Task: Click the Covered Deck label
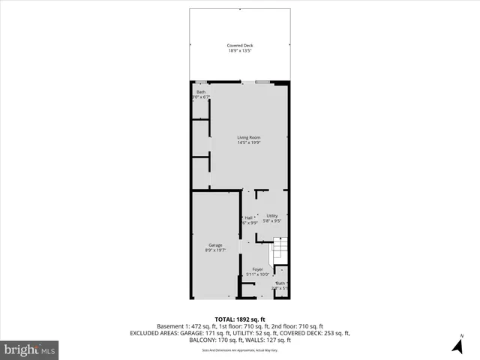[x=240, y=46]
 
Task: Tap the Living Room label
[x=248, y=137]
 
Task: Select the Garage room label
[x=215, y=245]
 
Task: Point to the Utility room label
[x=271, y=216]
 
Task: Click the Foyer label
[x=257, y=269]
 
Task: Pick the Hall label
[x=248, y=217]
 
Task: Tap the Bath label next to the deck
[x=201, y=92]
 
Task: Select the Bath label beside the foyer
[x=280, y=283]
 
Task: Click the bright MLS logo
[x=29, y=349]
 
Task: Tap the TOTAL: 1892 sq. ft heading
[x=240, y=319]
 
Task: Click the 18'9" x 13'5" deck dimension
[x=240, y=52]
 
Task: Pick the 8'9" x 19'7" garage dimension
[x=215, y=251]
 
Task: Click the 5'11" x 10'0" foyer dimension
[x=257, y=274]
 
